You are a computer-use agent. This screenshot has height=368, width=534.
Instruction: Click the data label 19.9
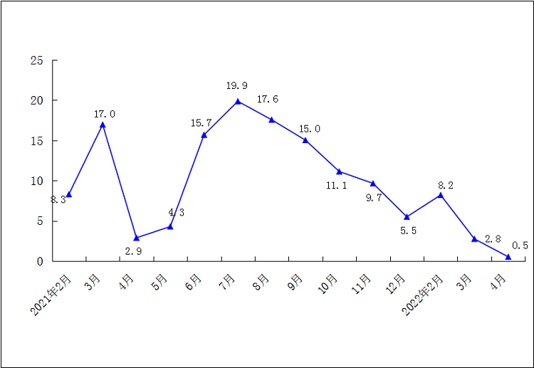click(237, 86)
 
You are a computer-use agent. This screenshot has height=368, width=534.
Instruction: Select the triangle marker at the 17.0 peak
click(103, 125)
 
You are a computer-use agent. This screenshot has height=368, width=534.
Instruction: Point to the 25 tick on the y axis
click(36, 61)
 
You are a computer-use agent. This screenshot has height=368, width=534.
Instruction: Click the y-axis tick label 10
click(36, 181)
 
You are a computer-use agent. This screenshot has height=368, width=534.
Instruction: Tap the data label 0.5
click(520, 246)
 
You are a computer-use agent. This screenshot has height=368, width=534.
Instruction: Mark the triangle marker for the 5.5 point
click(407, 216)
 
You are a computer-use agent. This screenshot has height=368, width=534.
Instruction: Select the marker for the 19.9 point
click(238, 101)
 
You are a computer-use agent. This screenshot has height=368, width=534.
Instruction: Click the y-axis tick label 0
click(40, 261)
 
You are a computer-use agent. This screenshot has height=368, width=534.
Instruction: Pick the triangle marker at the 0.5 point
click(508, 256)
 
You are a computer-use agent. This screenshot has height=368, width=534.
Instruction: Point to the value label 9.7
click(374, 198)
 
